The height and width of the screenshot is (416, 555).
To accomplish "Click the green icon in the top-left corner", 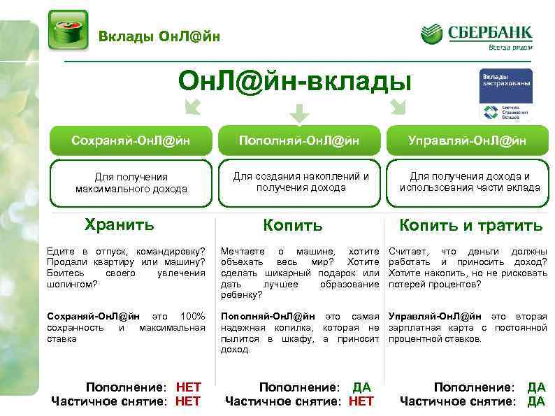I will pos(68,30).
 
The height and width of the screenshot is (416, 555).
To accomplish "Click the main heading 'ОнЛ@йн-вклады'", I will pos(294,82).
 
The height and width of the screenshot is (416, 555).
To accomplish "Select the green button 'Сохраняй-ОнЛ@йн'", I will pos(131,141).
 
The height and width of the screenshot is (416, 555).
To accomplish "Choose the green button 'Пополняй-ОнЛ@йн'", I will pos(299,141).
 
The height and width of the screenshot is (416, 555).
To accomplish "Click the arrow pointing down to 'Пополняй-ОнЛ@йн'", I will pos(299,113).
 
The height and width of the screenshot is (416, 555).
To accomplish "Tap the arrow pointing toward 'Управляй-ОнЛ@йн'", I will pos(398,106).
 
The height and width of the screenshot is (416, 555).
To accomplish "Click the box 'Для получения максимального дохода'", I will pos(131,182).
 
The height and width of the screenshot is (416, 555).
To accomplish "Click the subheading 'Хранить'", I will pos(119,224).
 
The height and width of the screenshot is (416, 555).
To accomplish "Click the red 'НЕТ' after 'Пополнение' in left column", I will pos(188,387).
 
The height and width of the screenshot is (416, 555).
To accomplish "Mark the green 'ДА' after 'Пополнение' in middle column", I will pos(361,387).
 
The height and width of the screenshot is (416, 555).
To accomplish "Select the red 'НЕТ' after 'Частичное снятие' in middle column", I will pos(361,401).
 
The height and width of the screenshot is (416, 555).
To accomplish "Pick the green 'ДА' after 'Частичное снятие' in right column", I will pos(536,401).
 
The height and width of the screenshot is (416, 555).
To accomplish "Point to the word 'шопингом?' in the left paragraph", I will pos(70,285).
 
